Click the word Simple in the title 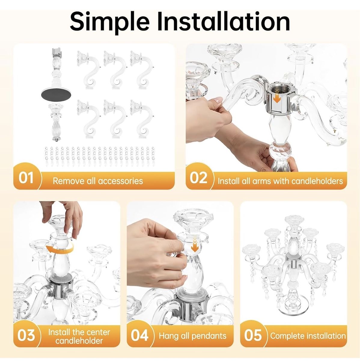[x=110, y=22]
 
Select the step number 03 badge [x=26, y=335]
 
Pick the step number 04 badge [x=139, y=335]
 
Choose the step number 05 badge [x=253, y=335]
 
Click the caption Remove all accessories [x=98, y=181]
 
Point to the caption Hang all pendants [x=193, y=336]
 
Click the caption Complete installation [x=308, y=336]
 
